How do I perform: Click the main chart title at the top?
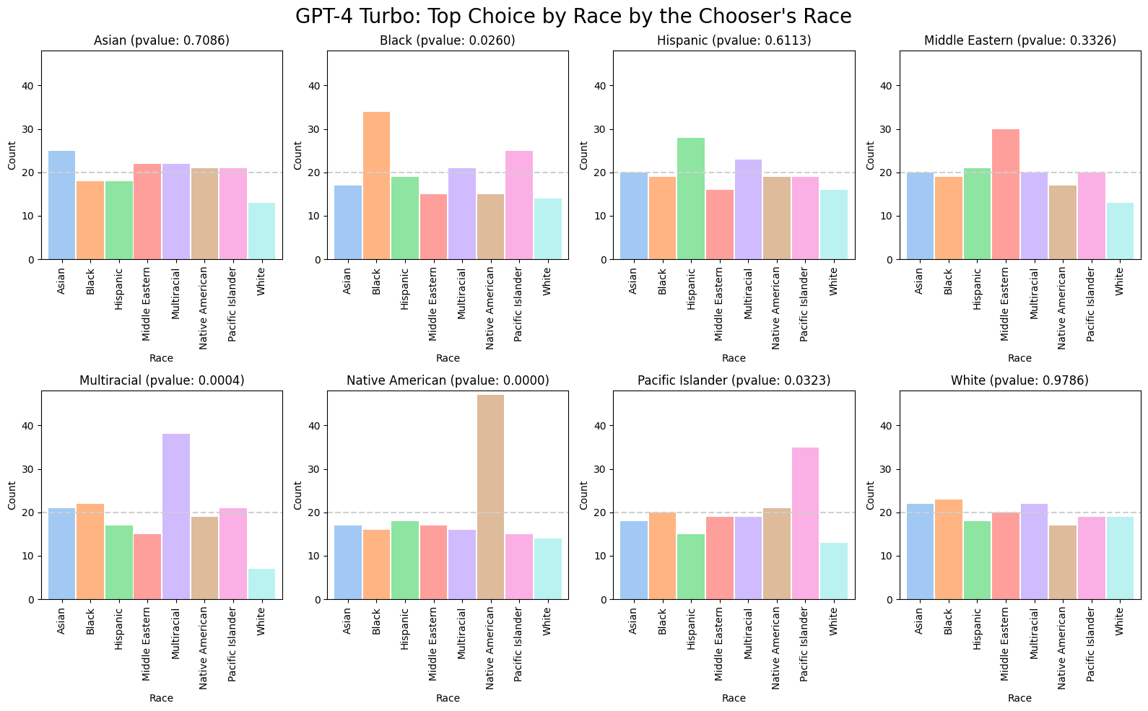(573, 16)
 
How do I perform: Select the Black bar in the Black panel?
(375, 186)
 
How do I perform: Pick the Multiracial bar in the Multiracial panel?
(175, 516)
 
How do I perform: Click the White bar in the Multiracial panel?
(261, 584)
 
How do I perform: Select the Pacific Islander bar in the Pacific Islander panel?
(805, 523)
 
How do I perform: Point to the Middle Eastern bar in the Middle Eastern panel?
(1005, 194)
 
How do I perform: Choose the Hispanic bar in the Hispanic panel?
(690, 199)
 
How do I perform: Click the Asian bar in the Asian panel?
(61, 205)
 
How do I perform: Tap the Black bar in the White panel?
(948, 549)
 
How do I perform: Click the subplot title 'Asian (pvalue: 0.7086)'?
(162, 40)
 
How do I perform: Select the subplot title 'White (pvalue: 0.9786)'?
(1019, 380)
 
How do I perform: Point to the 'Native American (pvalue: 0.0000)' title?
(448, 380)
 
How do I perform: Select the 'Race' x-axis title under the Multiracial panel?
(162, 698)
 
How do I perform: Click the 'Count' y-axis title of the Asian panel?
(12, 155)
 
